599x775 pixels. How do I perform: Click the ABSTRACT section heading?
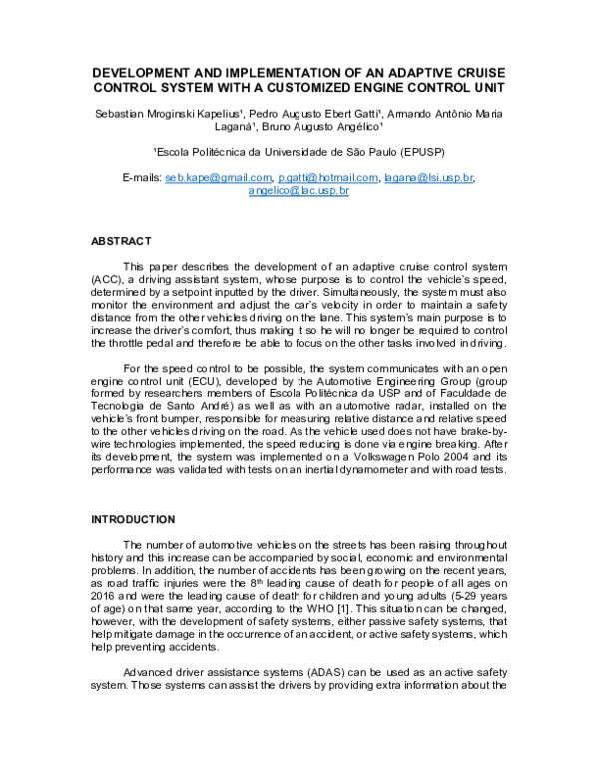121,241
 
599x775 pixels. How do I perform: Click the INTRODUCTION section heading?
135,520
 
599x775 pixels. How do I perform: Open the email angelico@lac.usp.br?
299,190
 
